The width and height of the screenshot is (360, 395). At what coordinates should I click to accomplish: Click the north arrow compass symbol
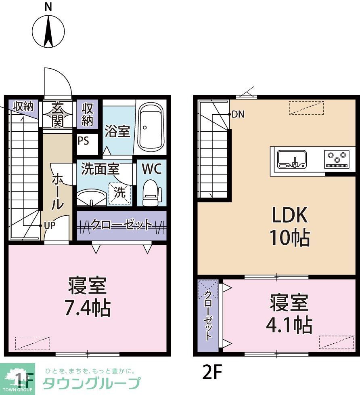(x=48, y=31)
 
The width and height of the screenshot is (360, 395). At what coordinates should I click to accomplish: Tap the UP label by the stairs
(x=49, y=226)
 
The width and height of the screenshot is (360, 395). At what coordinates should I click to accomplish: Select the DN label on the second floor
(x=238, y=114)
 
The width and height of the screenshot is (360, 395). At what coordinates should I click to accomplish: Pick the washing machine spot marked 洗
(x=119, y=193)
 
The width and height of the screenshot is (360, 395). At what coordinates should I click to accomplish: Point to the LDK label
(x=290, y=216)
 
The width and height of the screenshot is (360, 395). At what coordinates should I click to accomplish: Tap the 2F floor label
(x=212, y=373)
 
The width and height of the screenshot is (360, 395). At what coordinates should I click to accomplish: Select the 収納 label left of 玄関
(x=23, y=107)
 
